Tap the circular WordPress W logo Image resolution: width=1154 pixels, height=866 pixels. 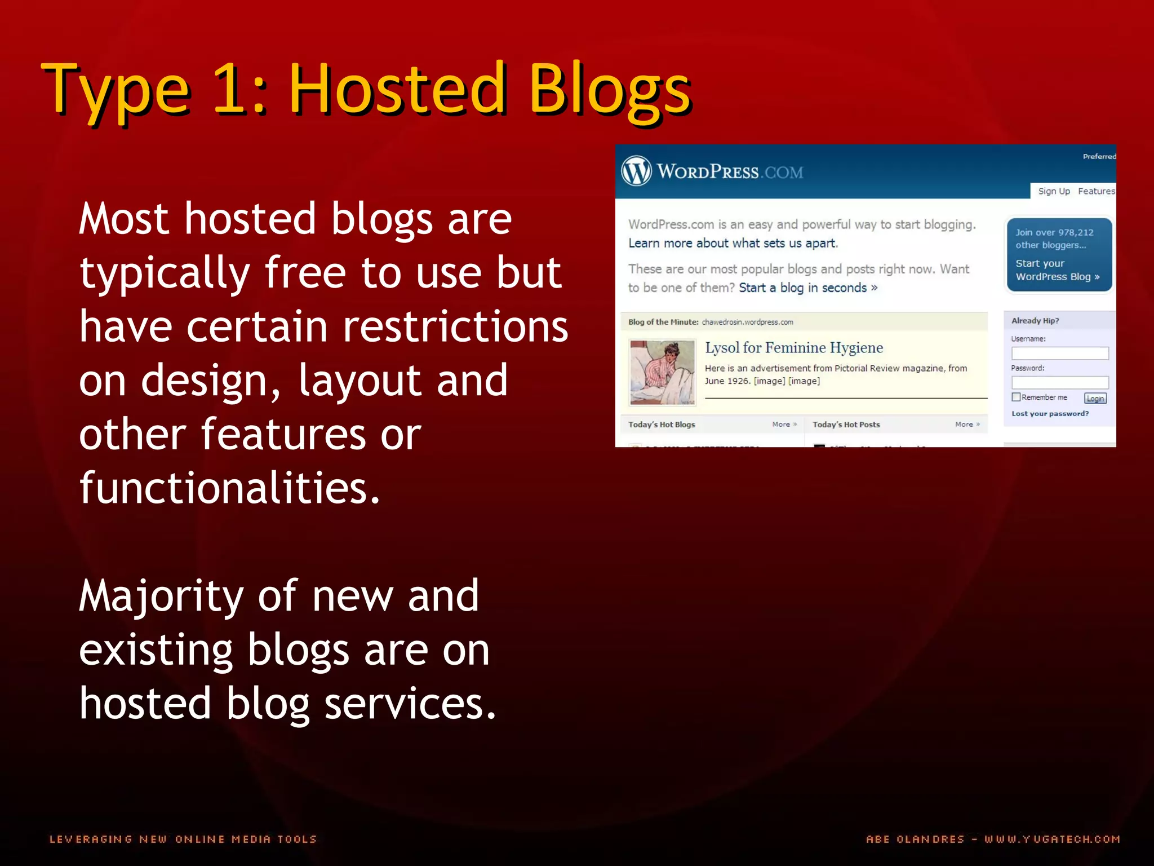click(x=636, y=171)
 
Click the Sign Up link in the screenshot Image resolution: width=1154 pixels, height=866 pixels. click(x=1054, y=191)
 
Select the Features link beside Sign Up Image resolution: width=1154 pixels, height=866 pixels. click(x=1096, y=191)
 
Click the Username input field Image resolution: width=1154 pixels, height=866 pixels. click(x=1059, y=354)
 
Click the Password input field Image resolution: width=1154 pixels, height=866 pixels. click(x=1059, y=382)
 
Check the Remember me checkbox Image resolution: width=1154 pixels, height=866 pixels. click(x=1016, y=397)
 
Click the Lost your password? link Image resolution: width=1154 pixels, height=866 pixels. click(x=1050, y=413)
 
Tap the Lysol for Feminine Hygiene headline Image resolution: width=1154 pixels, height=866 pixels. click(x=793, y=348)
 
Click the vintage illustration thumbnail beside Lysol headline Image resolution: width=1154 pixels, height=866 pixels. click(x=662, y=372)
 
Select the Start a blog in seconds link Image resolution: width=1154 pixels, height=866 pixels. click(x=807, y=288)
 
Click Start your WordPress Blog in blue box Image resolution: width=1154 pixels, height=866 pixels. click(x=1057, y=270)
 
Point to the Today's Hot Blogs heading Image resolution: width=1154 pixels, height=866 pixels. click(x=662, y=425)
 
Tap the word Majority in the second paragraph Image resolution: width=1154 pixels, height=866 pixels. click(x=161, y=597)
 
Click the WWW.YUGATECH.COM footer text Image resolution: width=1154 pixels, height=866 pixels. click(x=1052, y=839)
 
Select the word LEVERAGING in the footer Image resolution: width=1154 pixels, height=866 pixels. click(x=91, y=839)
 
